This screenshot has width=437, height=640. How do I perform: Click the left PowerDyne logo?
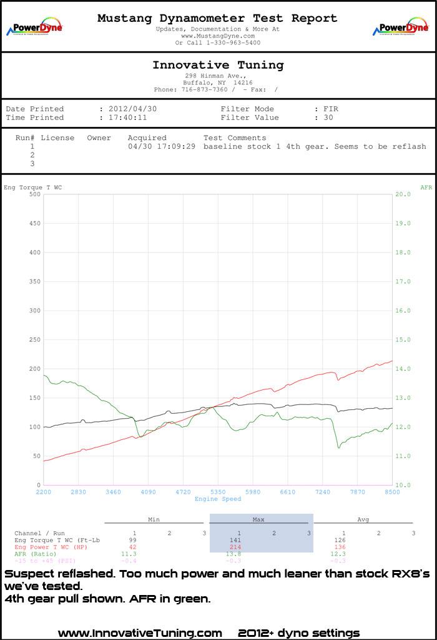[34, 26]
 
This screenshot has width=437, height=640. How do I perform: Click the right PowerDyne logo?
[401, 26]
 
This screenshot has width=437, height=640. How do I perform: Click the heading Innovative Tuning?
[218, 65]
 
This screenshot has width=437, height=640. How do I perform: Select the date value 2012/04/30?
[132, 109]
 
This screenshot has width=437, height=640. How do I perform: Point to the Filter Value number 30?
[328, 117]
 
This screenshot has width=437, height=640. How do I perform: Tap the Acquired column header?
[147, 138]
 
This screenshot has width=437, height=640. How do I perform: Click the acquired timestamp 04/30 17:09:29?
[162, 146]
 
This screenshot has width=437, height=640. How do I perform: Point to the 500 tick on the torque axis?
[35, 194]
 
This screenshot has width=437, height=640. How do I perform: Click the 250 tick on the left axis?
[35, 339]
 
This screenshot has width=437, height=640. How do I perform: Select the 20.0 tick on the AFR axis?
[403, 194]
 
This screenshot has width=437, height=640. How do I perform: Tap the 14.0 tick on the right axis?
[403, 369]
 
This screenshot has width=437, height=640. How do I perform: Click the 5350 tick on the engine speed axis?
[218, 492]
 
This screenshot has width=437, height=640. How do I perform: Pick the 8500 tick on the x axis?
[392, 492]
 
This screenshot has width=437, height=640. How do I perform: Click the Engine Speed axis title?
[218, 499]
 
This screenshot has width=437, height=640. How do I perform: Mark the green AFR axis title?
[426, 187]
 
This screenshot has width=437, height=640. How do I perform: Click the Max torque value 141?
[235, 540]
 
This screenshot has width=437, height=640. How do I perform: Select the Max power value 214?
[235, 547]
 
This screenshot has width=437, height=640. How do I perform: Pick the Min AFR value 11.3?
[129, 554]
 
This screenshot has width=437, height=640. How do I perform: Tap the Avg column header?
[363, 519]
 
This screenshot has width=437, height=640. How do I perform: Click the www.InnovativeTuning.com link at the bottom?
[140, 633]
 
